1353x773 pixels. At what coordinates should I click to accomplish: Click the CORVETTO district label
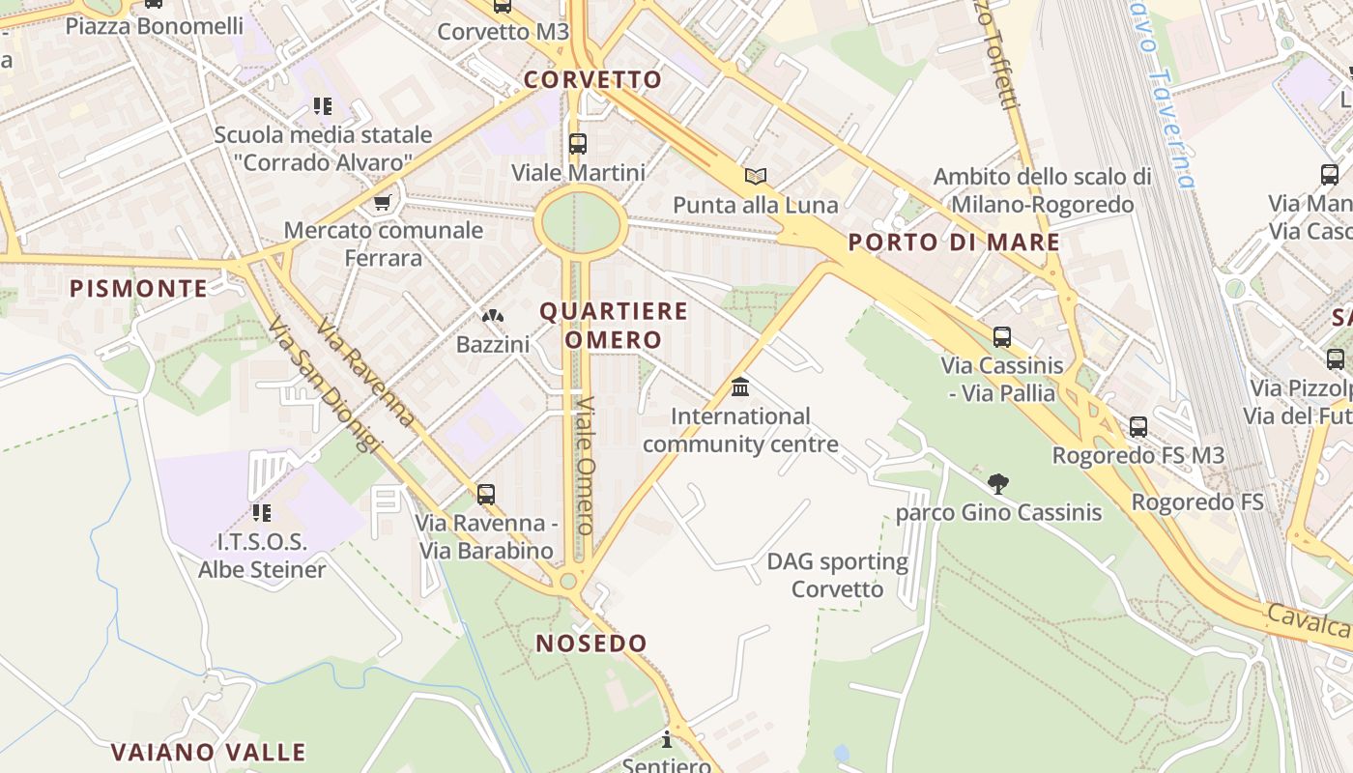[593, 79]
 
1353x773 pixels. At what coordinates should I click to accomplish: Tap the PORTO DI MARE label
[954, 242]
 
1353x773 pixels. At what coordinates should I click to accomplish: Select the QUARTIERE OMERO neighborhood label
[614, 325]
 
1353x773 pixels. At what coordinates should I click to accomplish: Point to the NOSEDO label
[591, 644]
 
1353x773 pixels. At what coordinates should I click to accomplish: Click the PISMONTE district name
[139, 288]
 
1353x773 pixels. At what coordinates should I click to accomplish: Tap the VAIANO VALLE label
[208, 752]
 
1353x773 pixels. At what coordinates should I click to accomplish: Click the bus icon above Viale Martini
[578, 144]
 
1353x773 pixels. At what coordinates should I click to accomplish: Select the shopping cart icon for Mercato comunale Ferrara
[383, 202]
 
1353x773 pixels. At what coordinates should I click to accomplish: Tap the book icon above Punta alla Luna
[756, 176]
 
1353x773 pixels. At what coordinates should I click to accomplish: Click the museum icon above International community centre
[740, 387]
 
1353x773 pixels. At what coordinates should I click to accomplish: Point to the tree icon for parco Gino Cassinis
[998, 483]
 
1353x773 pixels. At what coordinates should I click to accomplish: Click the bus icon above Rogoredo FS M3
[1138, 426]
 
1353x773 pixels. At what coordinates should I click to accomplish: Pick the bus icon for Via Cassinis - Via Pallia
[1002, 337]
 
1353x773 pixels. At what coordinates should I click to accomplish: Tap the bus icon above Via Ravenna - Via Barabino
[486, 495]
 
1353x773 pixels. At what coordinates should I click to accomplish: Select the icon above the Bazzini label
[493, 316]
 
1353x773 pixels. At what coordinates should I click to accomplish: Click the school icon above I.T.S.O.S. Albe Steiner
[262, 512]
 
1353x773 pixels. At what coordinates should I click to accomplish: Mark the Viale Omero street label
[585, 464]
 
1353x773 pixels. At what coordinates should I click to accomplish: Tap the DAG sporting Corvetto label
[837, 575]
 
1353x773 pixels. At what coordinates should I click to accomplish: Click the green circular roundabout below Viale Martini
[580, 222]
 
